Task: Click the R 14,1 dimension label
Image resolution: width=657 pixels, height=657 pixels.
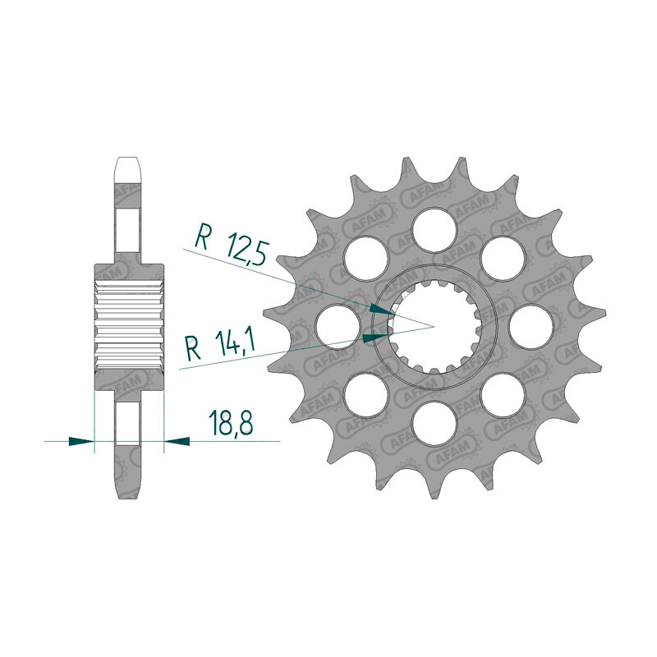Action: point(220,345)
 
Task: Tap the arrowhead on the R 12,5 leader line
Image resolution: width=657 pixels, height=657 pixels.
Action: point(382,310)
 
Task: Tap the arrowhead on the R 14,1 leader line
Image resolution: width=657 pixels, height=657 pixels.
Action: point(376,338)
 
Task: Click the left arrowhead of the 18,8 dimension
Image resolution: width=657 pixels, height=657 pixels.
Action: point(81,441)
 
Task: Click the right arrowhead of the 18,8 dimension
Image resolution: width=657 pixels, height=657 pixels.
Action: point(177,441)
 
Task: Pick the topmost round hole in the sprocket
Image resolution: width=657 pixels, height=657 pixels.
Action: point(434,230)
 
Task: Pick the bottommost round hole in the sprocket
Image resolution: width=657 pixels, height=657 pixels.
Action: point(434,424)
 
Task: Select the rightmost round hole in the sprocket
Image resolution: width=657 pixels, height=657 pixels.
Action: point(531,327)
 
